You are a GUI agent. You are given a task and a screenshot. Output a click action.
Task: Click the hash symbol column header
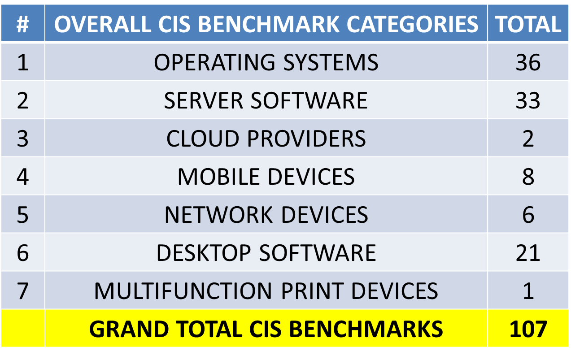point(23,25)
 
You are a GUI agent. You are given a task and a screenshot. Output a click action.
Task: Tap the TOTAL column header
point(528,24)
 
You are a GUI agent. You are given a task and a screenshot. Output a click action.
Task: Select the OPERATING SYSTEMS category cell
point(266,62)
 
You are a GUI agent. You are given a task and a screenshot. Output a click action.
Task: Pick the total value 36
point(528,62)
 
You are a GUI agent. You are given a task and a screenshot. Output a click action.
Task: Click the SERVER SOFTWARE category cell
point(266,100)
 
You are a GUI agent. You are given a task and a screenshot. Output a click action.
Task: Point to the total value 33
point(528,100)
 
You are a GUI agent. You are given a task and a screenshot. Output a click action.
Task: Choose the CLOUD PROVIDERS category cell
point(266,139)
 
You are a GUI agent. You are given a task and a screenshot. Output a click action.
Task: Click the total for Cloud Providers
point(528,139)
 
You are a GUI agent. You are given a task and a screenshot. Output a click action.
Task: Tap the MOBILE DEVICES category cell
point(266,177)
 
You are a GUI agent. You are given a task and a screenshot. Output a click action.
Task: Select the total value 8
point(528,177)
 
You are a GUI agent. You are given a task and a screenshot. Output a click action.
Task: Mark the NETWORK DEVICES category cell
point(266,215)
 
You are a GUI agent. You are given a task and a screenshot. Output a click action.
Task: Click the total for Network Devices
point(528,215)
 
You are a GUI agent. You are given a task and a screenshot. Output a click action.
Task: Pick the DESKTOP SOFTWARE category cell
point(266,253)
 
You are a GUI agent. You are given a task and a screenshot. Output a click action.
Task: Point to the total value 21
point(528,253)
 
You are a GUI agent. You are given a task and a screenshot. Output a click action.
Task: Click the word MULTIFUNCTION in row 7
point(183,291)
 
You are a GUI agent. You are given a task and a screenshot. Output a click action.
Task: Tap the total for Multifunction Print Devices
point(528,291)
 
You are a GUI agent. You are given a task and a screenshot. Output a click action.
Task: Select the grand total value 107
point(528,329)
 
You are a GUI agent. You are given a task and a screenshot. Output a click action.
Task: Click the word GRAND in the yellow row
point(129,329)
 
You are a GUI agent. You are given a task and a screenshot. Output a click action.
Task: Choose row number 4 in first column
point(23,177)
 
